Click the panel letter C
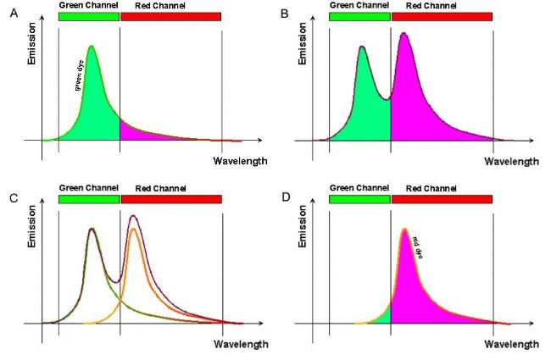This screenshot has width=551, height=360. pos(12,197)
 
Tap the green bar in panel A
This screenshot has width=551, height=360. pos(89,17)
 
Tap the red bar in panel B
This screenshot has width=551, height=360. pos(441,17)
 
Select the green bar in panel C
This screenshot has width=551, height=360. pos(89,200)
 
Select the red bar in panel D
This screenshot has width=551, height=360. pos(441,200)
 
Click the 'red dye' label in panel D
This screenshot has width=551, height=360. pos(417,246)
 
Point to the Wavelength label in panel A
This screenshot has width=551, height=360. pos(240,161)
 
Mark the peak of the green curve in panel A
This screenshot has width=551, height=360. pos(92,47)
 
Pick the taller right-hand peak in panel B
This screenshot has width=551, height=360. pos(405,34)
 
